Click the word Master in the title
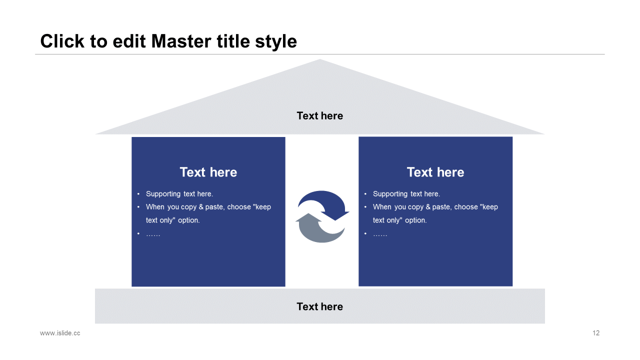181,41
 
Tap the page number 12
596,333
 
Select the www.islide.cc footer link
60,333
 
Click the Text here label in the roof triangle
319,115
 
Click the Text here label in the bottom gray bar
319,306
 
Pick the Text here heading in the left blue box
208,172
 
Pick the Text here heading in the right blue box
435,172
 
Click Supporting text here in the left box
179,194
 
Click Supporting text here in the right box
406,194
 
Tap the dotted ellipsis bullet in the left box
153,235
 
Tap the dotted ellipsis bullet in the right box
380,235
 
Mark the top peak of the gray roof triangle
319,59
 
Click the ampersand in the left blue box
201,207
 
